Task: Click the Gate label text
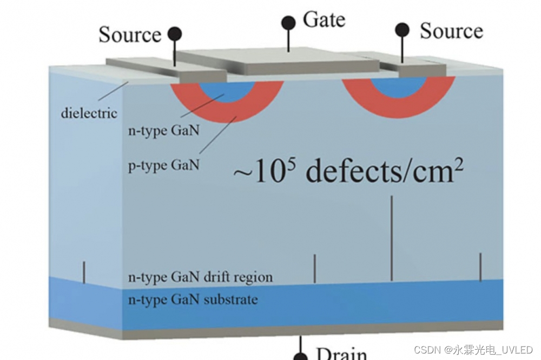325,20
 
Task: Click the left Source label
130,35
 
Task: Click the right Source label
451,31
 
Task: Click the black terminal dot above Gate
288,23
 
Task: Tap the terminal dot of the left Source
174,34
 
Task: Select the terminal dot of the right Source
402,29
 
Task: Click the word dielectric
89,114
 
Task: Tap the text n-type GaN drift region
200,277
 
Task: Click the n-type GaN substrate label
193,299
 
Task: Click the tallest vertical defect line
391,238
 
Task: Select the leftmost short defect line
84,272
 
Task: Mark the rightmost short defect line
480,266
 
